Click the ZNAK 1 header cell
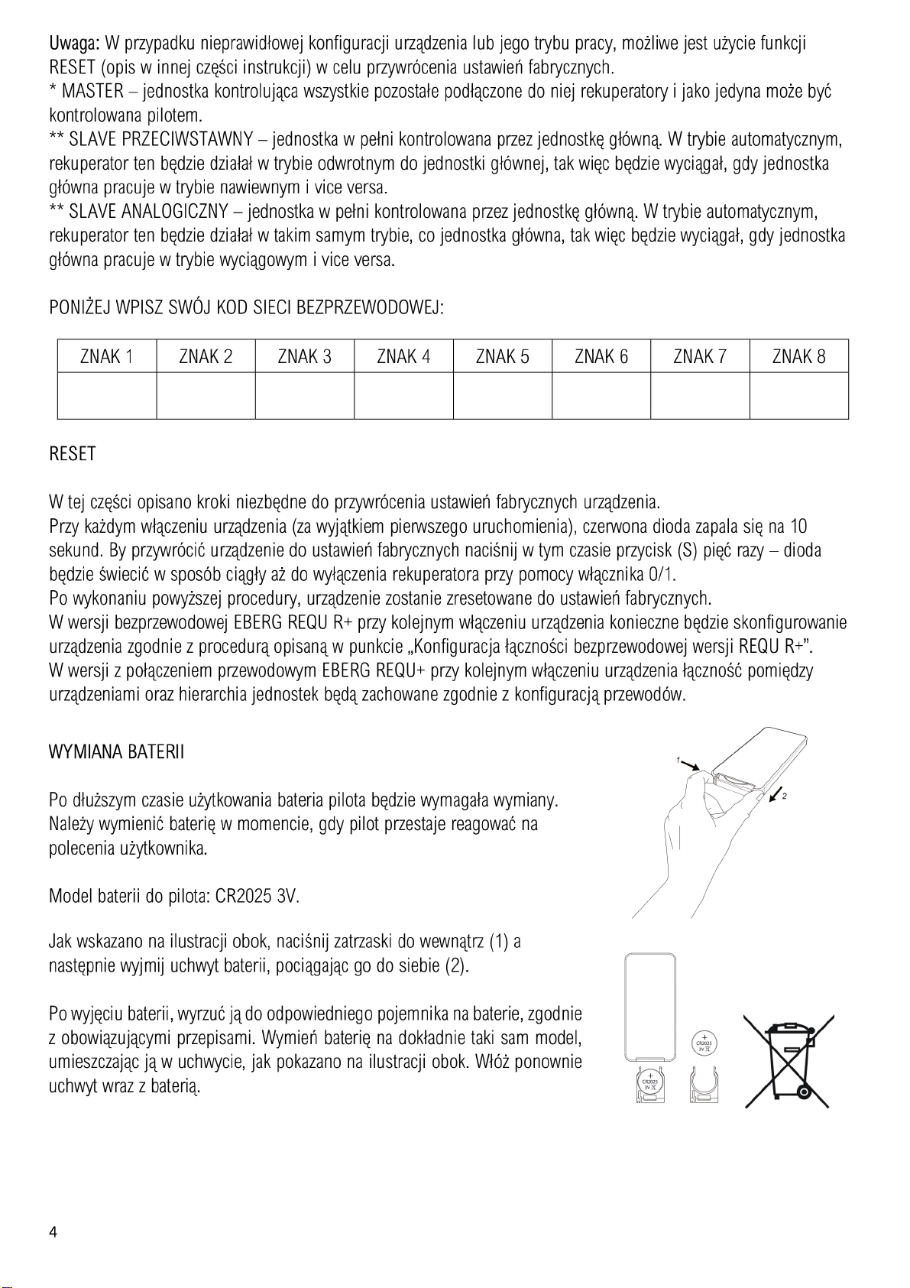[107, 357]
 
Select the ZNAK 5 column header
[502, 357]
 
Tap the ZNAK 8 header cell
[798, 357]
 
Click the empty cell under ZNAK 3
[304, 396]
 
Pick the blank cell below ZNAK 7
[700, 396]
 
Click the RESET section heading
[73, 454]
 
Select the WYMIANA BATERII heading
[116, 752]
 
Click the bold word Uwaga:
[75, 43]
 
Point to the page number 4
[53, 1231]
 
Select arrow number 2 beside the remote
[776, 796]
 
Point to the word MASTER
[92, 92]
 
